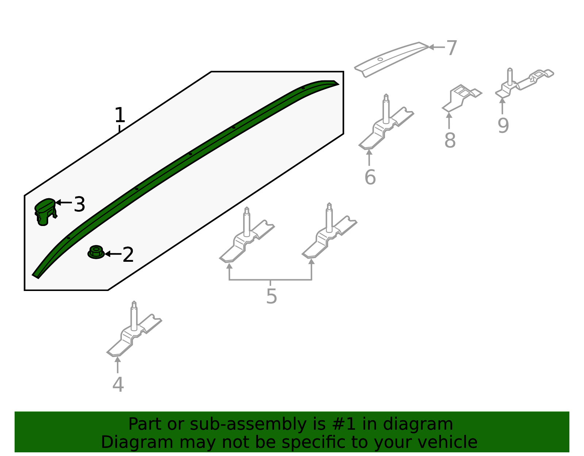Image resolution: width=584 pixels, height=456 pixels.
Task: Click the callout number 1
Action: point(120,115)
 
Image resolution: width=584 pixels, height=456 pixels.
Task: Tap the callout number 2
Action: point(128,254)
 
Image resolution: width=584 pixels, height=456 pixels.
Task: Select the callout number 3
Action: point(79,204)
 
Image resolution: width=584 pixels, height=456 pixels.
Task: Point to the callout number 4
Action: point(118,385)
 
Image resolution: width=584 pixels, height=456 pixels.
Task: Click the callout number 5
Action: point(271,296)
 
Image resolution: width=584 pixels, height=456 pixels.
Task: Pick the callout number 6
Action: point(370,177)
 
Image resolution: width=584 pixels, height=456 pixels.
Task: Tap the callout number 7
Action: point(452,48)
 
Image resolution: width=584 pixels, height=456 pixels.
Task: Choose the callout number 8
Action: point(450,140)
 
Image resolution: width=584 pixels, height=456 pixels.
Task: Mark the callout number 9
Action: point(503,125)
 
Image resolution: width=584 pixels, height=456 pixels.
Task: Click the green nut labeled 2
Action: point(96,252)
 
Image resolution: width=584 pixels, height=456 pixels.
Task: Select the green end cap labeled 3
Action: point(45,211)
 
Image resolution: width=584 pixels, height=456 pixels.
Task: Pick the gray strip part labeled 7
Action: point(391,59)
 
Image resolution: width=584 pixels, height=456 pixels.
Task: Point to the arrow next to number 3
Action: point(64,202)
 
